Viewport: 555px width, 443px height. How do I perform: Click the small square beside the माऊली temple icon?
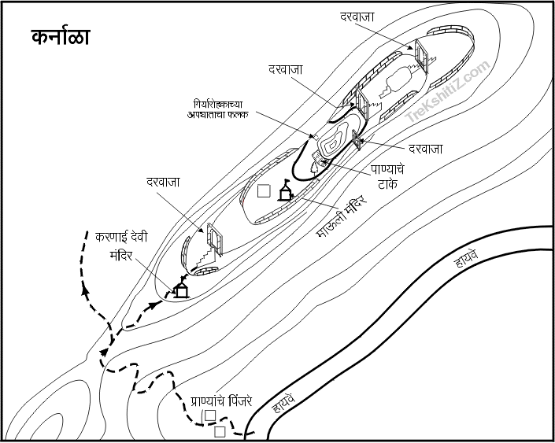265,190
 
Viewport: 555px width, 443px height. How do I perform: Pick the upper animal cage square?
209,415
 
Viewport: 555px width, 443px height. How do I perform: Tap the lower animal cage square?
220,431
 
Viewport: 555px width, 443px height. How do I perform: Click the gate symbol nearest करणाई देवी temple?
213,239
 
